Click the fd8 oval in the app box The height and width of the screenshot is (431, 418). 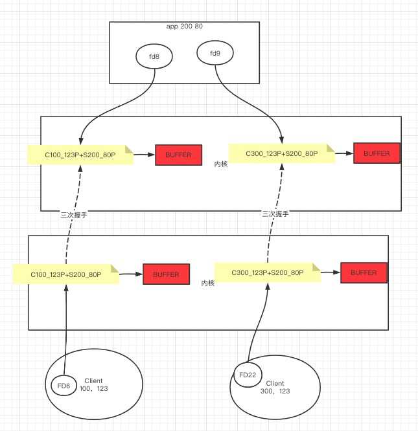(x=154, y=57)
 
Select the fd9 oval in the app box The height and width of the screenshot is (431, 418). (x=215, y=53)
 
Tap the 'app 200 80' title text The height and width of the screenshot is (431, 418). (x=184, y=27)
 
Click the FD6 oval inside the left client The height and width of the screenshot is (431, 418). (x=64, y=386)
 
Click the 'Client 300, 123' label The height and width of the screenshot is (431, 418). (x=275, y=388)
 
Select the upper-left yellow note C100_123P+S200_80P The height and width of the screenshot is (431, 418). (x=80, y=155)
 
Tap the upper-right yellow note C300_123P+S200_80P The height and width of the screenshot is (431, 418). (x=281, y=154)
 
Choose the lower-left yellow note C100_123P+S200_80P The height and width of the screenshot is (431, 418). (x=66, y=274)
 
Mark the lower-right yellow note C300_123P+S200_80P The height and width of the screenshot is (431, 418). (x=267, y=272)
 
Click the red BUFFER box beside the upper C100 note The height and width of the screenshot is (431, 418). (x=178, y=155)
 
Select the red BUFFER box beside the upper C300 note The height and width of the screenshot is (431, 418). (x=377, y=153)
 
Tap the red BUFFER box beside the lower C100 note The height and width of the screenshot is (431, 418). (x=166, y=274)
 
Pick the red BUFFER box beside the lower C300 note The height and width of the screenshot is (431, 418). (x=364, y=272)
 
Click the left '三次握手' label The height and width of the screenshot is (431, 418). (x=73, y=215)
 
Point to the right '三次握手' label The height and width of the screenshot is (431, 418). (x=275, y=214)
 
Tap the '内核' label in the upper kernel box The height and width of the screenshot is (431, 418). (x=221, y=164)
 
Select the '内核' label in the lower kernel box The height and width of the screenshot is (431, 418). (x=208, y=283)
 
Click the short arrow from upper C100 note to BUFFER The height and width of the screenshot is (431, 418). (x=144, y=155)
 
